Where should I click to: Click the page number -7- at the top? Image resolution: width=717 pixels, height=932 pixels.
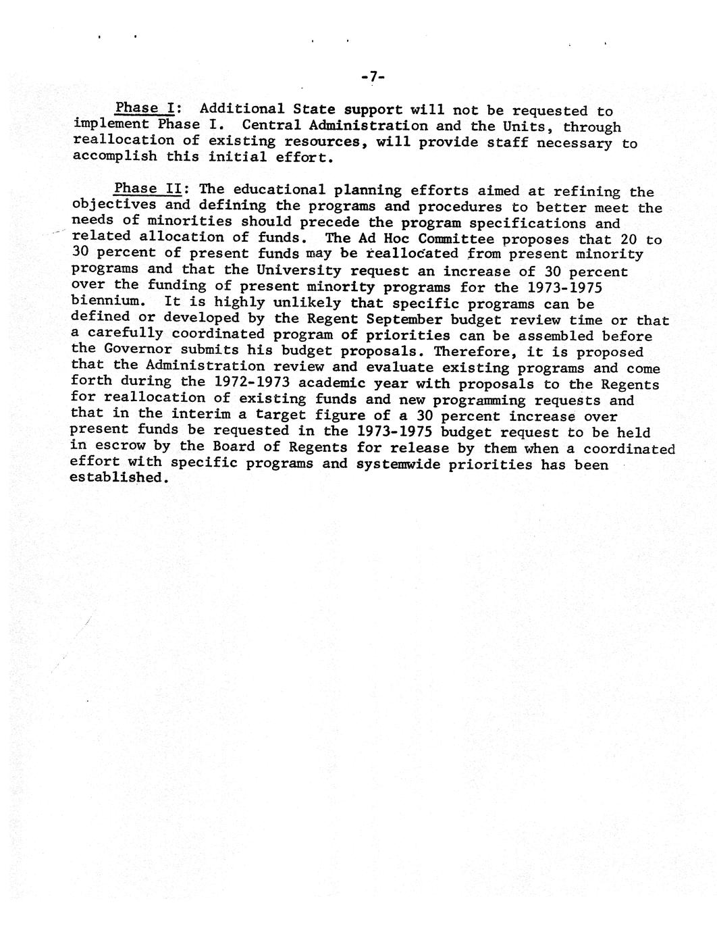(x=373, y=78)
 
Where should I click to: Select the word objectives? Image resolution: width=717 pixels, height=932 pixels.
(x=114, y=205)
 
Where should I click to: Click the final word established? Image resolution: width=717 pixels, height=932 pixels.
(x=117, y=478)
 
